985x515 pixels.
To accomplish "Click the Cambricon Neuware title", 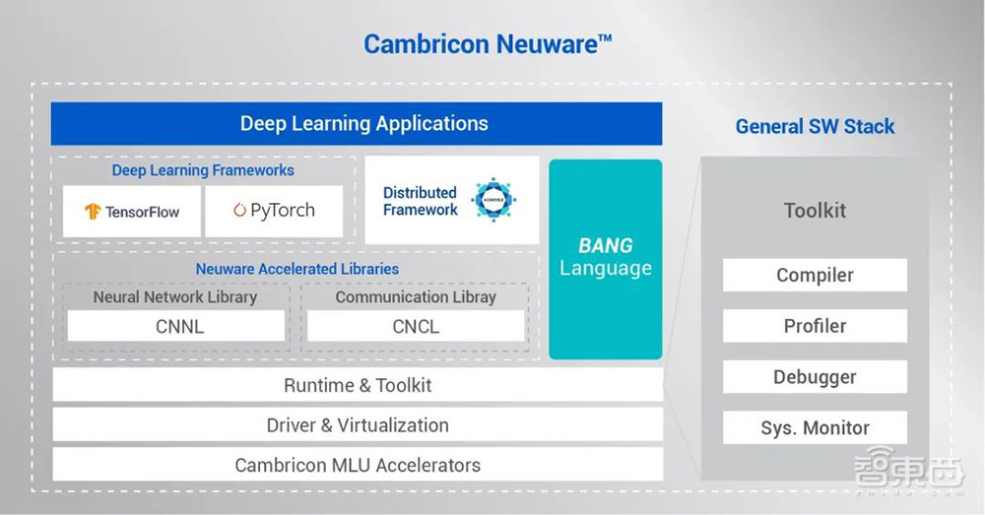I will (488, 44).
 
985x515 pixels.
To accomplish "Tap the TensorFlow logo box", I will (132, 212).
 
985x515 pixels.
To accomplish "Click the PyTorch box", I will (274, 211).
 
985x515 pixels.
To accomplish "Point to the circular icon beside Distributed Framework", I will (493, 201).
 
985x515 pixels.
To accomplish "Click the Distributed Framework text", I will (420, 201).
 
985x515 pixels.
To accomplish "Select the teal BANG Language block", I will (605, 258).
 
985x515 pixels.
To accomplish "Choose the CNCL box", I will (416, 326).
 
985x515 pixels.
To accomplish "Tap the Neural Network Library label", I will (175, 296).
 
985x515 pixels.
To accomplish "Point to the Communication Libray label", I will (416, 296).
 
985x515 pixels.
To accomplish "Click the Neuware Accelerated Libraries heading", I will (297, 269).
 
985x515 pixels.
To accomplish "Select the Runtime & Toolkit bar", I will (357, 385).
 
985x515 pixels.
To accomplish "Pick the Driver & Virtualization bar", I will (357, 425).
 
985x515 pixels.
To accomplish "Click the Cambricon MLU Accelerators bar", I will (357, 465).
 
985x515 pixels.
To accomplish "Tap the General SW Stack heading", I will (815, 126).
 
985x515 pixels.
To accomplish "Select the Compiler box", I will (815, 276).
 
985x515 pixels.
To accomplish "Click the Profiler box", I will (815, 326).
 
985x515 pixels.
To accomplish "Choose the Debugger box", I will (815, 377).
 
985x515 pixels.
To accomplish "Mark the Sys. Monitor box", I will (815, 428).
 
